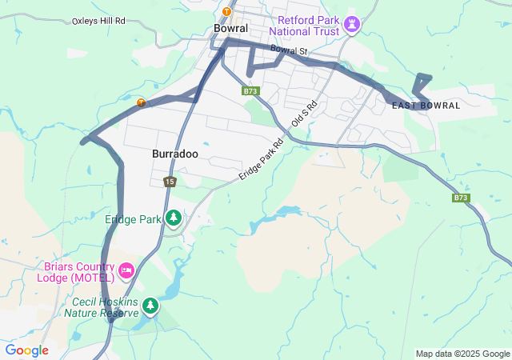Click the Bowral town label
(x=230, y=28)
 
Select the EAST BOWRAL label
(x=426, y=106)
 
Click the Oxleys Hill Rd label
(x=98, y=22)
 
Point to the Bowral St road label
(x=290, y=50)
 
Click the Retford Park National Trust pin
(x=352, y=25)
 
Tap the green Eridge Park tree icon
(x=173, y=218)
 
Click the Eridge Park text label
(x=133, y=218)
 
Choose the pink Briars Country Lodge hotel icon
(x=126, y=272)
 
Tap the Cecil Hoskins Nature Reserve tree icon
(x=150, y=306)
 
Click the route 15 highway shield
(x=170, y=182)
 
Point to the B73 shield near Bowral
(x=250, y=91)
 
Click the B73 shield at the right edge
(x=460, y=198)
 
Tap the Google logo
(x=26, y=350)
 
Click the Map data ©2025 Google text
(x=462, y=354)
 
